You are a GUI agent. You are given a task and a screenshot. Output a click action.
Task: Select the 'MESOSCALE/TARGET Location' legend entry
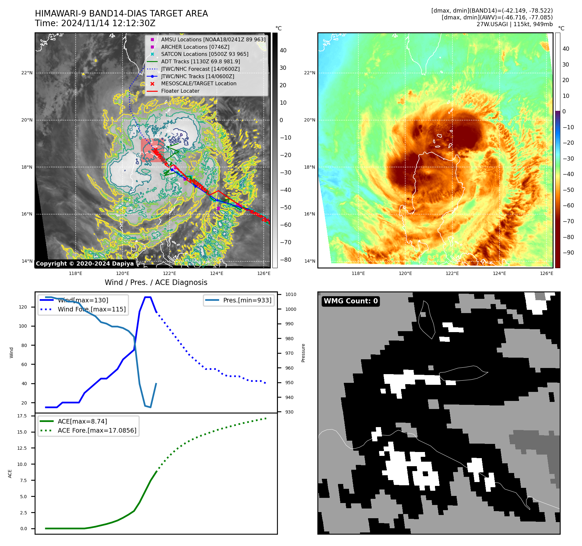(x=198, y=84)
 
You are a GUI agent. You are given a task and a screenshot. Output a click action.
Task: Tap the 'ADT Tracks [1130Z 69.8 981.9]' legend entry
(x=200, y=61)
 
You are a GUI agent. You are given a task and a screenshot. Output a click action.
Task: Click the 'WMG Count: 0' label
(x=351, y=301)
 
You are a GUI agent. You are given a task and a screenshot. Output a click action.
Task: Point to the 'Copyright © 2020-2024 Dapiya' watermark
(x=85, y=264)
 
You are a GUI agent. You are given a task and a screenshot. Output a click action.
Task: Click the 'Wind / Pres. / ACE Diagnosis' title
(x=156, y=282)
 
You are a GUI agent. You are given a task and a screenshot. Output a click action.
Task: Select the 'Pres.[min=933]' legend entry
(x=247, y=300)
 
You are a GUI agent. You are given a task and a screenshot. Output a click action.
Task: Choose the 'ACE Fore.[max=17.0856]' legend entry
(x=97, y=431)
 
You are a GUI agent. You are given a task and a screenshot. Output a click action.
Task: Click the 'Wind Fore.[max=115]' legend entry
(x=91, y=310)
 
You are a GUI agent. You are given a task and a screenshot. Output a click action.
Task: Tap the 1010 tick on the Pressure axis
(x=291, y=295)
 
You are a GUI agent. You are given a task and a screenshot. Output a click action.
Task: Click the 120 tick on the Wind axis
(x=23, y=307)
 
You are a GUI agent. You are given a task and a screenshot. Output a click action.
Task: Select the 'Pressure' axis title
(x=303, y=353)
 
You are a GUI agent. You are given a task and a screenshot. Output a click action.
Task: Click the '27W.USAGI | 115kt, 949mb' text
(x=514, y=24)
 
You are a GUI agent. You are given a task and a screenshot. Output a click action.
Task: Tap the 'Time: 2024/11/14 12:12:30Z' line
(x=95, y=24)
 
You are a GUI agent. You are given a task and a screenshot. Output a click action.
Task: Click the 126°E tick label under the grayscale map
(x=264, y=274)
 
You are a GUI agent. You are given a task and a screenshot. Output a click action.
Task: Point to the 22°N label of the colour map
(x=310, y=73)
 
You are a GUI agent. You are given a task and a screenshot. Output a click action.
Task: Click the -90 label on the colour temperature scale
(x=568, y=253)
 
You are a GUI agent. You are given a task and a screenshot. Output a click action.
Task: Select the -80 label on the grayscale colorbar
(x=285, y=260)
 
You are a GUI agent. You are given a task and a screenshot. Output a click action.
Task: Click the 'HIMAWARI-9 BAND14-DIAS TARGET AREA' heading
(x=121, y=14)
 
